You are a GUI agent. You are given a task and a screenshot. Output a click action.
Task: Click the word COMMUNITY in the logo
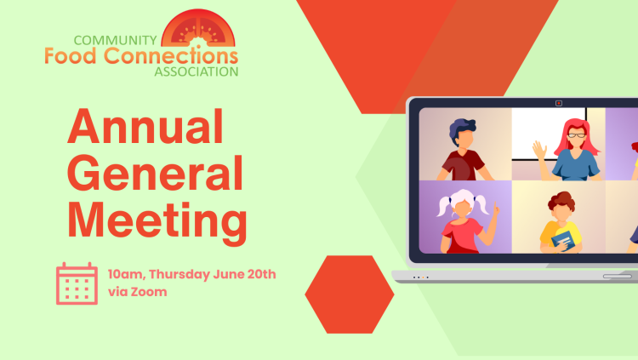(115, 40)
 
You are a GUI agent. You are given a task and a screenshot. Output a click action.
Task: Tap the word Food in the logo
(71, 56)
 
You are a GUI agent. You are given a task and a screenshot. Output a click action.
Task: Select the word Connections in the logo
(171, 56)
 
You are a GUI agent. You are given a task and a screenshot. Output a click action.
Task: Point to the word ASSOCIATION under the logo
(197, 71)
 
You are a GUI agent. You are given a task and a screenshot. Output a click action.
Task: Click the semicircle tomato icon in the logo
(198, 28)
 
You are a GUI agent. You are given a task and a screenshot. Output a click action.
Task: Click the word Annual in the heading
(145, 127)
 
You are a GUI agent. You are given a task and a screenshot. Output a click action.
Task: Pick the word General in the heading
(155, 173)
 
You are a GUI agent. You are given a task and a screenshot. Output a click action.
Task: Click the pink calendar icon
(77, 283)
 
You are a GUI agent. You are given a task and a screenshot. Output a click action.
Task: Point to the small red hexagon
(350, 294)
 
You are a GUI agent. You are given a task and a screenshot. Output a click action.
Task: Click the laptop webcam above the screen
(559, 104)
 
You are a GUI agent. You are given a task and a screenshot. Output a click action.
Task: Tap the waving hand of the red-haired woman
(540, 150)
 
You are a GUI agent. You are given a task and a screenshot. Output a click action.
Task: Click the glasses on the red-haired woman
(577, 134)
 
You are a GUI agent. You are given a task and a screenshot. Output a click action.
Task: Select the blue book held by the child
(563, 241)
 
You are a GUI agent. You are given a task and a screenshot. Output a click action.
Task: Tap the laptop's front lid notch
(618, 277)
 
